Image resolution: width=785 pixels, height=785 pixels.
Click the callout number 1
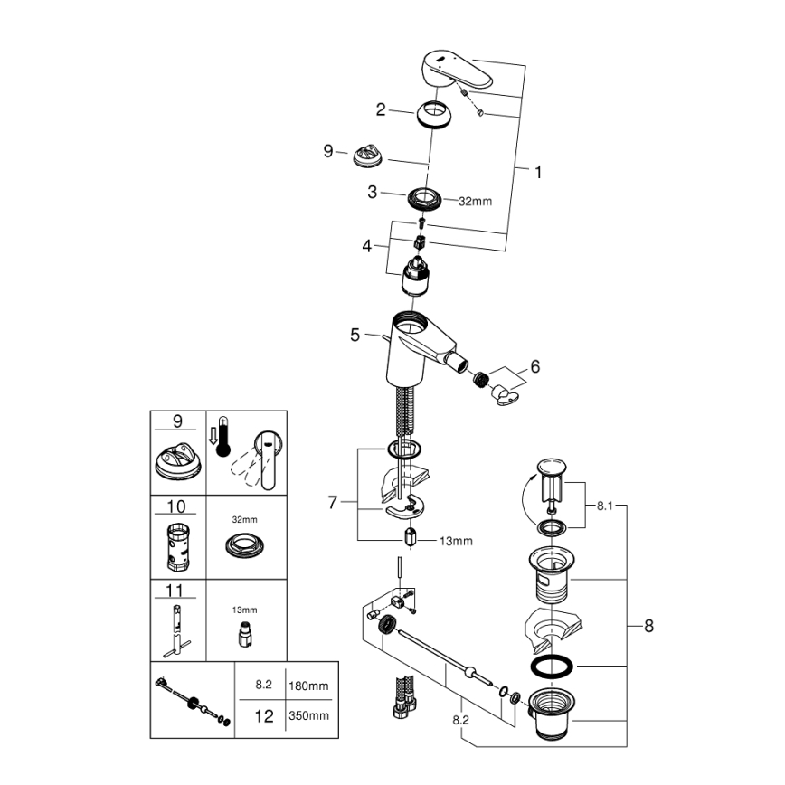point(538,171)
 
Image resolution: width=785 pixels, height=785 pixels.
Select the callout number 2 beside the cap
point(381,109)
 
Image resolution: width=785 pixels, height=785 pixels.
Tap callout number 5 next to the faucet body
point(355,335)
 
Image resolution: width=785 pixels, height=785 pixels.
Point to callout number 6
point(534,366)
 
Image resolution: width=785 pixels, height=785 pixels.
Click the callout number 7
point(332,502)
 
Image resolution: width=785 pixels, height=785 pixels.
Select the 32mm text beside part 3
point(476,201)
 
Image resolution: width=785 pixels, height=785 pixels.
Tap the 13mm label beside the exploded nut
point(456,541)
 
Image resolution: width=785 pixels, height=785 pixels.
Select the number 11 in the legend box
point(177,591)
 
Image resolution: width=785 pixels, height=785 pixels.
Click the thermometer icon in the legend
point(222,437)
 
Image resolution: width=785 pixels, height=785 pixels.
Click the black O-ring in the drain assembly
point(552,667)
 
